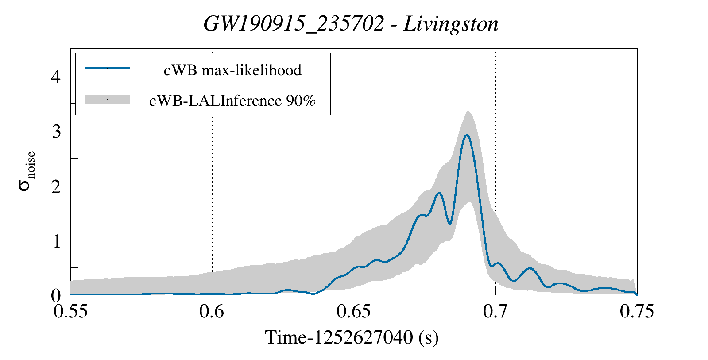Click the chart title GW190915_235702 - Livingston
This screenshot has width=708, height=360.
click(351, 24)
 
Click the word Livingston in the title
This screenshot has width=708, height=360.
click(451, 24)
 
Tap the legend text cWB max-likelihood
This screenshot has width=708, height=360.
click(232, 70)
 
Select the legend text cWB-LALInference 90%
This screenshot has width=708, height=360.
click(232, 101)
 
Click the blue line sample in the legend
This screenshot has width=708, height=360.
click(107, 68)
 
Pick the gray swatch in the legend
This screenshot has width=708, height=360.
click(107, 99)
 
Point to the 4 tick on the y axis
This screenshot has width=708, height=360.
click(56, 77)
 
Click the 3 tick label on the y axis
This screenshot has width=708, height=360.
click(56, 132)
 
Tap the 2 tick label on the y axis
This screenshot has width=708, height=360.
click(56, 186)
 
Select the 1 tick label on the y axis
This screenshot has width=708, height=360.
click(56, 241)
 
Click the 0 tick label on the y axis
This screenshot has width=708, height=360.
click(56, 295)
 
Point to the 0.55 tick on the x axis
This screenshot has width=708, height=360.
click(71, 312)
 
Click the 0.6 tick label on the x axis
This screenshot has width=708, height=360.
click(212, 312)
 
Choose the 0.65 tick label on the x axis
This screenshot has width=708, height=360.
click(354, 312)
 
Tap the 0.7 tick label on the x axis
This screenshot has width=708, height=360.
click(495, 312)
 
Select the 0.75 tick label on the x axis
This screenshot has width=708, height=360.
click(637, 312)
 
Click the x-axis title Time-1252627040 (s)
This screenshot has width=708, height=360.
click(352, 337)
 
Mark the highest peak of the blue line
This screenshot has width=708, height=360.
click(466, 135)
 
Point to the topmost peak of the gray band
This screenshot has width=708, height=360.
click(468, 111)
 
